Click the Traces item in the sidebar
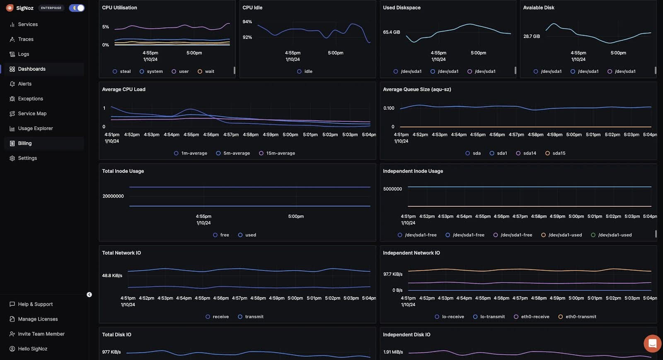pyautogui.click(x=25, y=39)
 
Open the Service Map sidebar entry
pyautogui.click(x=32, y=114)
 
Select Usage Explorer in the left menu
pyautogui.click(x=35, y=128)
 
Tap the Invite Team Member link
pyautogui.click(x=41, y=334)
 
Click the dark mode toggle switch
pyautogui.click(x=77, y=8)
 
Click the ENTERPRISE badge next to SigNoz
pyautogui.click(x=51, y=8)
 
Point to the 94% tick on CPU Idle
pyautogui.click(x=247, y=22)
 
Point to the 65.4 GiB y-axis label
pyautogui.click(x=391, y=32)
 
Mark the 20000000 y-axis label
pyautogui.click(x=113, y=196)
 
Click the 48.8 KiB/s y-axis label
pyautogui.click(x=112, y=275)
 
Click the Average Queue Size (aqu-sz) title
pyautogui.click(x=417, y=89)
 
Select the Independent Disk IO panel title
pyautogui.click(x=407, y=335)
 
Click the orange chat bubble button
pyautogui.click(x=652, y=343)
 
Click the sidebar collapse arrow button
pyautogui.click(x=89, y=295)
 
